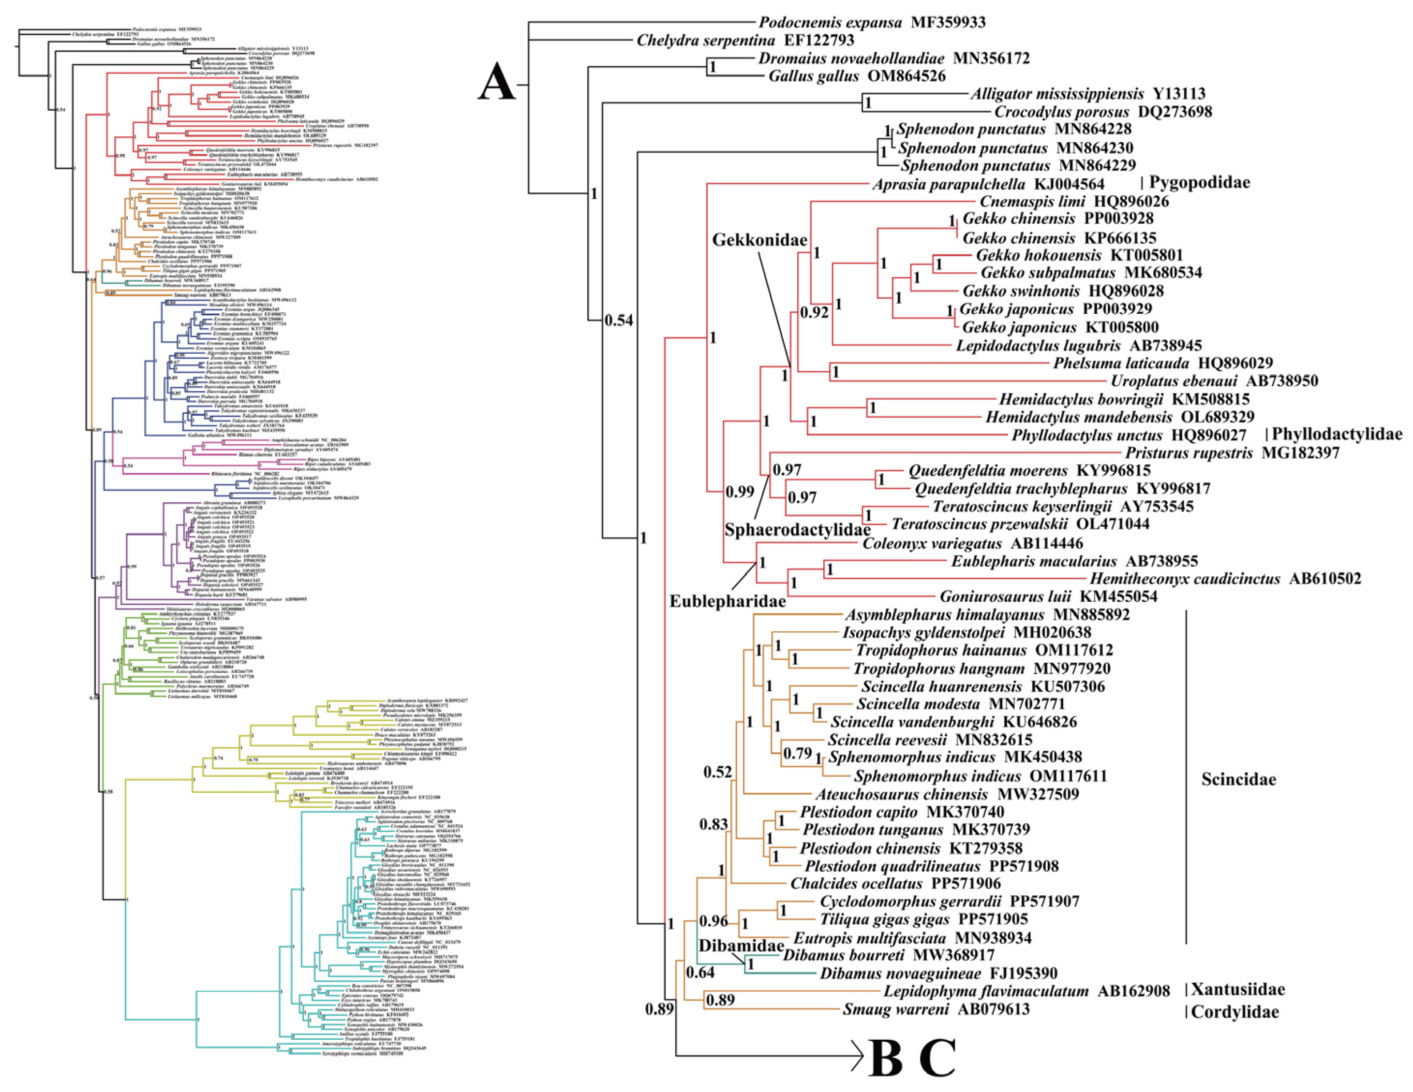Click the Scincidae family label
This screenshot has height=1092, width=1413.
[x=1238, y=779]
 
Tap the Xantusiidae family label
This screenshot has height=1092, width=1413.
[x=1238, y=989]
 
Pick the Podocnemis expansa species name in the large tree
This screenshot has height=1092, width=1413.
[x=830, y=23]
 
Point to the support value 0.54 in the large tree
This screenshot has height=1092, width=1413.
[x=619, y=320]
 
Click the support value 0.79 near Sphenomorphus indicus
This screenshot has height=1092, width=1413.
[x=797, y=754]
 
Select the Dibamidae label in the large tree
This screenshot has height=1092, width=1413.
[x=732, y=945]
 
